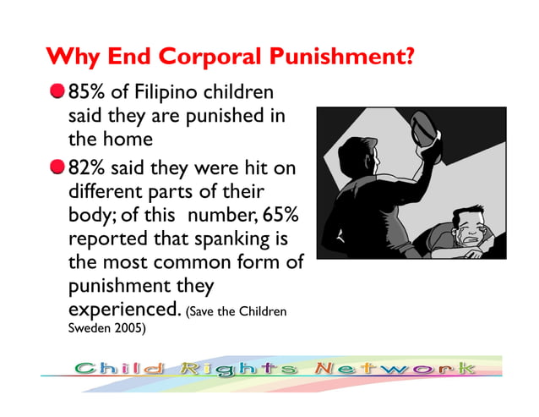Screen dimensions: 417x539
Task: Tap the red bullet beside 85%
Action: pos(56,91)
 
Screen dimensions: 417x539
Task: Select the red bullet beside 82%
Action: pos(56,167)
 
